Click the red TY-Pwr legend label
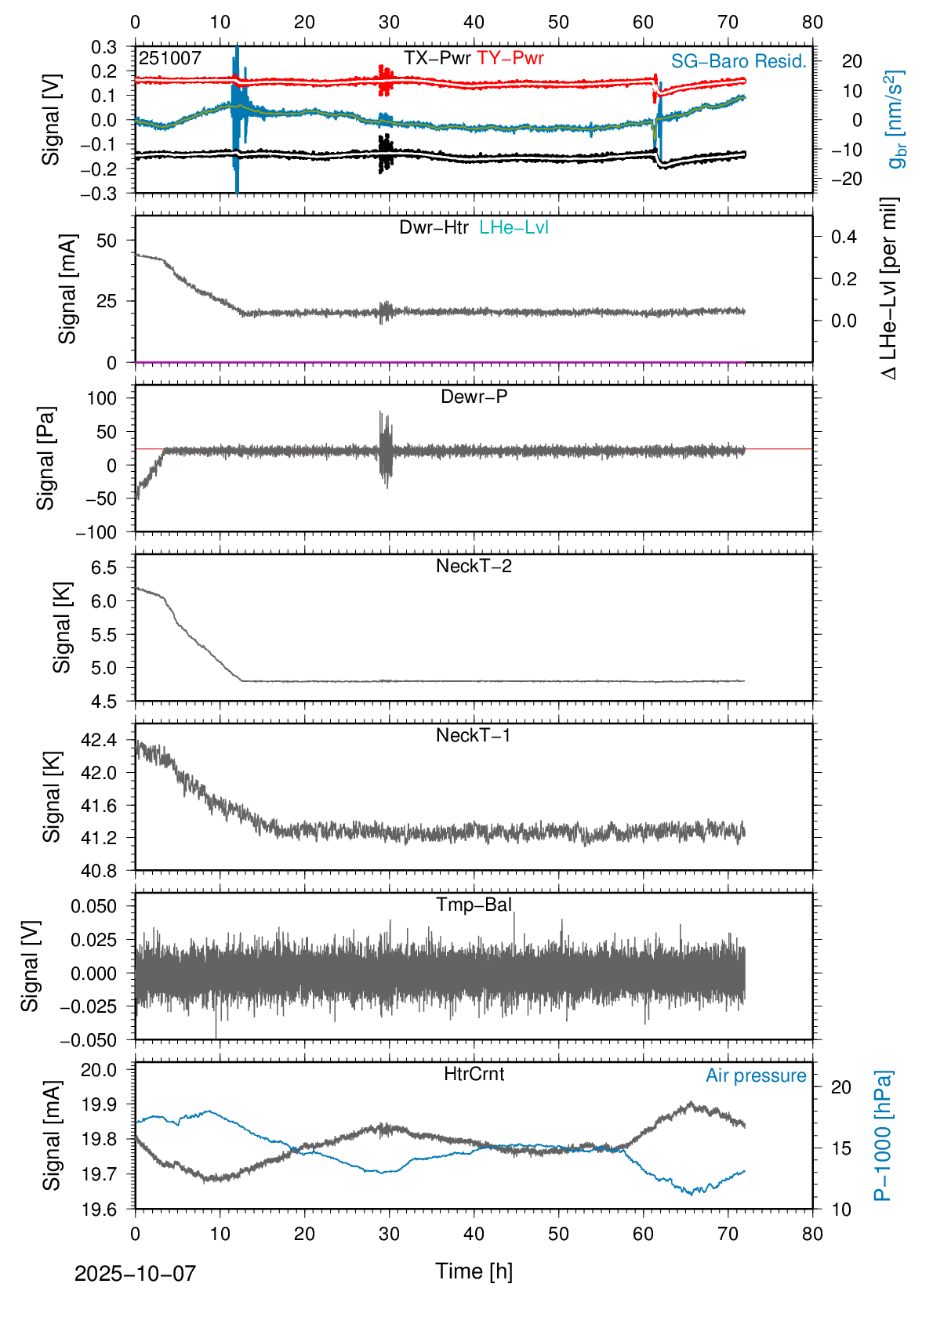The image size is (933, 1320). click(510, 58)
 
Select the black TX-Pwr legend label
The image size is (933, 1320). click(437, 58)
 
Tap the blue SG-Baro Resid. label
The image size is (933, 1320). click(739, 61)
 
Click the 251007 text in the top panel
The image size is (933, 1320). click(170, 58)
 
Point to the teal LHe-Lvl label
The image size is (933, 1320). click(514, 227)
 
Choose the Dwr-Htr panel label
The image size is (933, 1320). click(434, 227)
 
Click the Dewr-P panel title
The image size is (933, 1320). click(474, 397)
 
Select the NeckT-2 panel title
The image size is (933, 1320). click(474, 566)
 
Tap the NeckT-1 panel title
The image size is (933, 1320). click(474, 735)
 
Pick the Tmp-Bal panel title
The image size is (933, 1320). click(474, 905)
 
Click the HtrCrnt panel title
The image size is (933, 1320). click(474, 1074)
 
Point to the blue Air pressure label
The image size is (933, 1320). click(756, 1075)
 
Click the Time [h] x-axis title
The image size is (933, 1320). click(474, 1271)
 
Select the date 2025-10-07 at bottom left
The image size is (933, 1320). click(135, 1273)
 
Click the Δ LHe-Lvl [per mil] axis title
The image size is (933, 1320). click(889, 288)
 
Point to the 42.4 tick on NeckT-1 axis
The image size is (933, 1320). click(98, 740)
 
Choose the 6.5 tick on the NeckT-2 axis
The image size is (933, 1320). click(103, 568)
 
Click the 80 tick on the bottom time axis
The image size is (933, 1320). click(812, 1234)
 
